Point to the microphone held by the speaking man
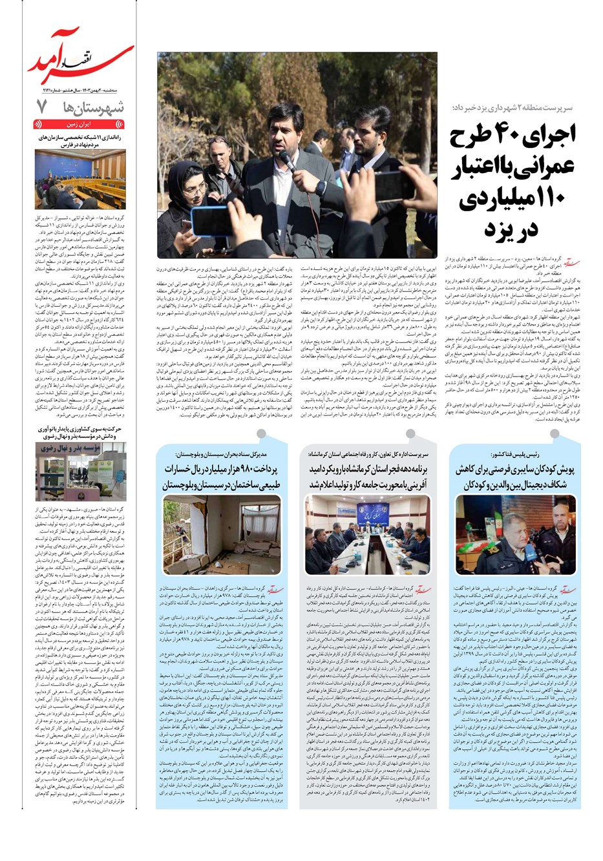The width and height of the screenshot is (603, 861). coord(286,160)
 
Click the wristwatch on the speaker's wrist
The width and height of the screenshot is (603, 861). coord(321,188)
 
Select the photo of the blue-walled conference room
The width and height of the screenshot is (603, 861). coord(80,179)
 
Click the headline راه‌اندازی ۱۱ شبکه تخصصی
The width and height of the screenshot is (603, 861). coord(80,141)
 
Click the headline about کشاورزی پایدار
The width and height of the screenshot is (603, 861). coord(80,432)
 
